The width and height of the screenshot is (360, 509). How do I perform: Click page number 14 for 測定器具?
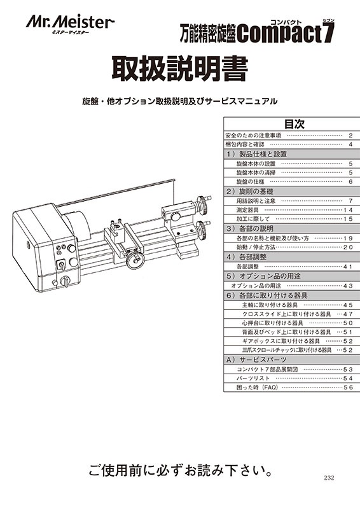pyautogui.click(x=347, y=209)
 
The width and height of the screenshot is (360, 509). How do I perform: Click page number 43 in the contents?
pyautogui.click(x=347, y=286)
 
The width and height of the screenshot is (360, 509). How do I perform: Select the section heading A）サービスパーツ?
pyautogui.click(x=255, y=359)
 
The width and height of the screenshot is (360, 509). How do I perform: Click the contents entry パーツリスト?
pyautogui.click(x=253, y=378)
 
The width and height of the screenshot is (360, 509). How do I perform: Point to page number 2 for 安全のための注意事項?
pyautogui.click(x=350, y=136)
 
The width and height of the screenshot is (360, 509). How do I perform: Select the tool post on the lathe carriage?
pyautogui.click(x=117, y=228)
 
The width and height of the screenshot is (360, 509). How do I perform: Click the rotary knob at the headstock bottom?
pyautogui.click(x=64, y=281)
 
